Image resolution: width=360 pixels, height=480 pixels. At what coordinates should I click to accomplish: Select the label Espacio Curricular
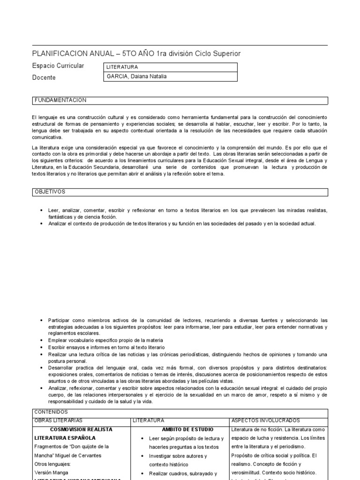tap(58, 66)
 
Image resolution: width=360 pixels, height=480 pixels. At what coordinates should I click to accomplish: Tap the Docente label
tap(44, 77)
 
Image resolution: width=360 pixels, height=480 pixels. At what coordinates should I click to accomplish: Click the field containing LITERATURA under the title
tap(172, 67)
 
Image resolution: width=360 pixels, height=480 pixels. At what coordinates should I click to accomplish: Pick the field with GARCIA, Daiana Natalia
tap(172, 77)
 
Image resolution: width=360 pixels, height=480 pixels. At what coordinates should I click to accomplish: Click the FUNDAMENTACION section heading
tap(60, 100)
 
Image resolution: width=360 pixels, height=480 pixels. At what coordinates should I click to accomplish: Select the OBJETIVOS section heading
tap(50, 192)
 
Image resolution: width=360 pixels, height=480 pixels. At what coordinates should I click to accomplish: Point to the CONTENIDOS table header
tap(51, 412)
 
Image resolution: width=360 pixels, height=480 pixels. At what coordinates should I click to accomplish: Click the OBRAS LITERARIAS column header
tap(59, 420)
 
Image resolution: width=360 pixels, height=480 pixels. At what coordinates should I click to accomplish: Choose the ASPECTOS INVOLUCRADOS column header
tap(266, 420)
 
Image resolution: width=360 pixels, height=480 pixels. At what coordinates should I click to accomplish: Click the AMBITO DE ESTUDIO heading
tap(187, 429)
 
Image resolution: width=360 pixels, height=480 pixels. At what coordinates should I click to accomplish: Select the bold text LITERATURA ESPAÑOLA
tap(65, 438)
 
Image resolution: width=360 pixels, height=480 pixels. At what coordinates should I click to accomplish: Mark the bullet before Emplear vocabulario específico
tap(42, 340)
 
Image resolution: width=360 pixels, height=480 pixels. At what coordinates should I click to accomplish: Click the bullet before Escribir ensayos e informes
tap(42, 347)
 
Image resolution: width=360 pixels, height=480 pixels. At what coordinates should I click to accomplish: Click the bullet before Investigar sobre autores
tap(142, 456)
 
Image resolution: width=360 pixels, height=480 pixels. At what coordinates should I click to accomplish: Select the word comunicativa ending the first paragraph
tap(47, 138)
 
